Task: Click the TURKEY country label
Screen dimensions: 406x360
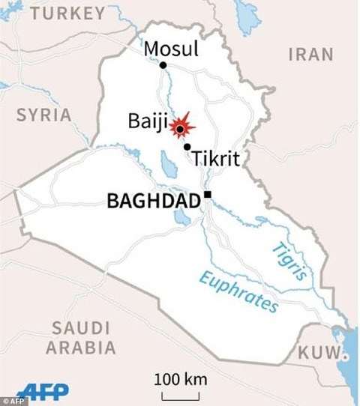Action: [68, 13]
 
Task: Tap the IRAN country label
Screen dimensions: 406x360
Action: [310, 54]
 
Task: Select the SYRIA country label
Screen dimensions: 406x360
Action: [44, 115]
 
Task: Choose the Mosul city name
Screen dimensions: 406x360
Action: [171, 49]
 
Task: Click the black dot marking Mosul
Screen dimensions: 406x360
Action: [163, 66]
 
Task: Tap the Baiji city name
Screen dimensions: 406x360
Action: [148, 121]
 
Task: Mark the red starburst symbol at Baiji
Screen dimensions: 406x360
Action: [180, 129]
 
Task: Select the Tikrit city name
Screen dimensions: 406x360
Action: [216, 159]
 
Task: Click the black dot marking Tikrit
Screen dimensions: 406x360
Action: [187, 147]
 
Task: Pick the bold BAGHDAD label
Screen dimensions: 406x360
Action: [153, 201]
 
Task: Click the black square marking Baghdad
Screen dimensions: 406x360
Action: [208, 196]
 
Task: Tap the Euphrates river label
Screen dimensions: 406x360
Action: [238, 291]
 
